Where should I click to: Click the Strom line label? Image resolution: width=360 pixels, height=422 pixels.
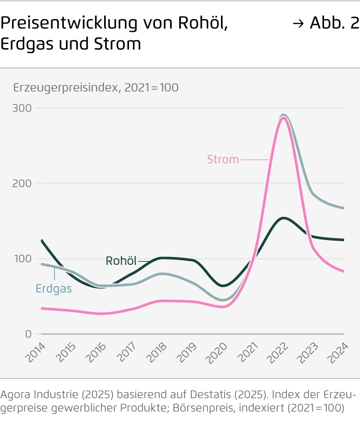[x=223, y=159]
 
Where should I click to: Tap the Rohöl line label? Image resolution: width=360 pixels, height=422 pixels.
[x=121, y=261]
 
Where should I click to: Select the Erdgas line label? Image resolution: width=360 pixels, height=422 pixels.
[x=53, y=289]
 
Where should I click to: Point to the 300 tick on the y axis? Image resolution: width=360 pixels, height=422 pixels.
[x=23, y=108]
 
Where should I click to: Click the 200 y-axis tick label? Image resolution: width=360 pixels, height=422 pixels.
[x=23, y=184]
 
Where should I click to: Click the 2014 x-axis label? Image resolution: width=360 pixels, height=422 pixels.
[x=35, y=351]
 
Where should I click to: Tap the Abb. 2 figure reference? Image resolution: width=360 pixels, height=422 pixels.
[x=334, y=24]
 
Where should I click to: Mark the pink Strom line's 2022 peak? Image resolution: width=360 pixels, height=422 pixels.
[x=283, y=117]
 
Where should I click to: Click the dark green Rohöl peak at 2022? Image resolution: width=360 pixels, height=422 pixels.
[x=284, y=218]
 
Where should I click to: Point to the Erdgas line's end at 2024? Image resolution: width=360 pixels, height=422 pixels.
[x=344, y=208]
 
